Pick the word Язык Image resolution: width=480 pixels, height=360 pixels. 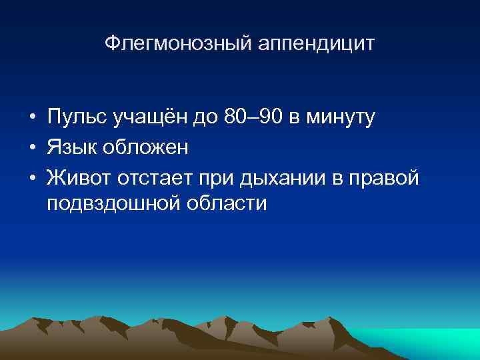[70, 147]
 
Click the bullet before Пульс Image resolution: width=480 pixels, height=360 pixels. [32, 119]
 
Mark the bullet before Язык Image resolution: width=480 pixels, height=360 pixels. [32, 147]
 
